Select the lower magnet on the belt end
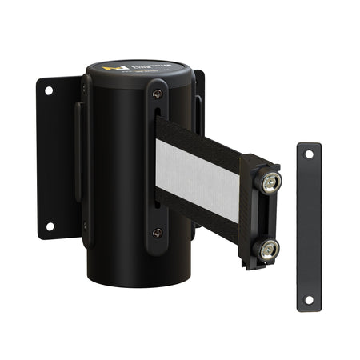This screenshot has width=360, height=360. pyautogui.click(x=266, y=247)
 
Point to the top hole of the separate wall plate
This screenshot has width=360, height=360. pyautogui.click(x=308, y=156)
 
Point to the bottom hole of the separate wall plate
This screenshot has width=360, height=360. pyautogui.click(x=309, y=301)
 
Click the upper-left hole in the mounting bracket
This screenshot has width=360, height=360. pyautogui.click(x=48, y=90)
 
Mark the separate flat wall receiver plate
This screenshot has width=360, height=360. pyautogui.click(x=308, y=228)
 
